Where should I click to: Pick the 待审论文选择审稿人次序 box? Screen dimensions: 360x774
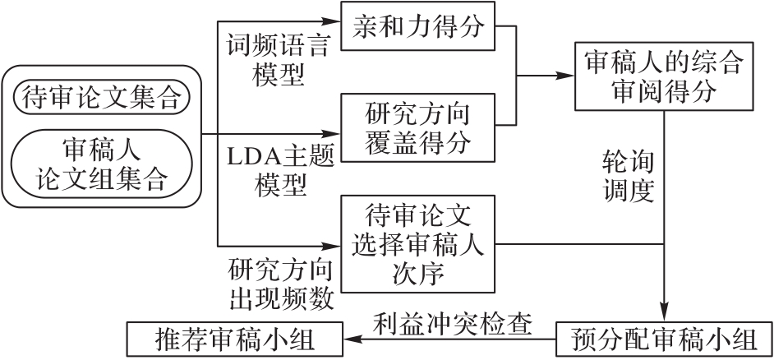417,244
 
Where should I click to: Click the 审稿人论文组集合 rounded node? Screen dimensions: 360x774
101,164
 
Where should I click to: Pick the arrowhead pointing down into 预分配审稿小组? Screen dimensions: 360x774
664,318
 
